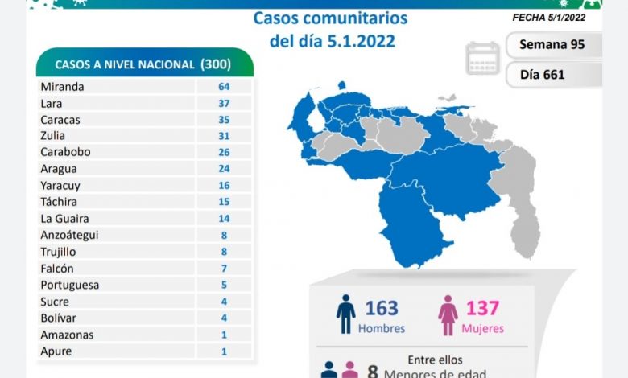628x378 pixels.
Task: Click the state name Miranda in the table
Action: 62,86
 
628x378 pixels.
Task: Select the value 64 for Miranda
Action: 224,86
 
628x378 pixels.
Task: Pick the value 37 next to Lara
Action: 224,103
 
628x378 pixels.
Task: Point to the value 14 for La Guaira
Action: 224,218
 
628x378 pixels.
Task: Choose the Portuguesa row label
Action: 68,285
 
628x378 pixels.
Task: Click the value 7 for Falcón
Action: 224,268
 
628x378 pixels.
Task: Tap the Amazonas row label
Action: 66,335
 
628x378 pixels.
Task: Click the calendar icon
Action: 482,58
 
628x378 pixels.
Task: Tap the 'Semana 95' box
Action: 552,44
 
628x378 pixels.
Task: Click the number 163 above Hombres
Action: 381,308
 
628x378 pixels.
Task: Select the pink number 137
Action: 481,308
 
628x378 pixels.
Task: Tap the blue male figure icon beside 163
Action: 346,314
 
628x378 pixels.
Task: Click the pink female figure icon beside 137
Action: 448,314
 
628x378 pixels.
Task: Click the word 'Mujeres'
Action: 483,328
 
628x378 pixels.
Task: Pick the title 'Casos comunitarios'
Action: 330,18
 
